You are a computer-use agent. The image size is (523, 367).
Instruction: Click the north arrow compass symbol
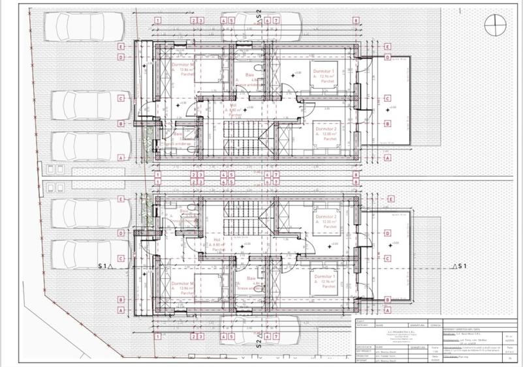click(x=495, y=26)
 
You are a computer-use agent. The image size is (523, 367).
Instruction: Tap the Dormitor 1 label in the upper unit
click(x=325, y=71)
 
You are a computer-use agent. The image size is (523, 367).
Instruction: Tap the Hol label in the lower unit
click(x=217, y=239)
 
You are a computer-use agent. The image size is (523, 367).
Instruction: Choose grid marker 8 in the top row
click(x=355, y=21)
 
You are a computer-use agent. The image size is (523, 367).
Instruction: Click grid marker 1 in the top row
click(x=158, y=21)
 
